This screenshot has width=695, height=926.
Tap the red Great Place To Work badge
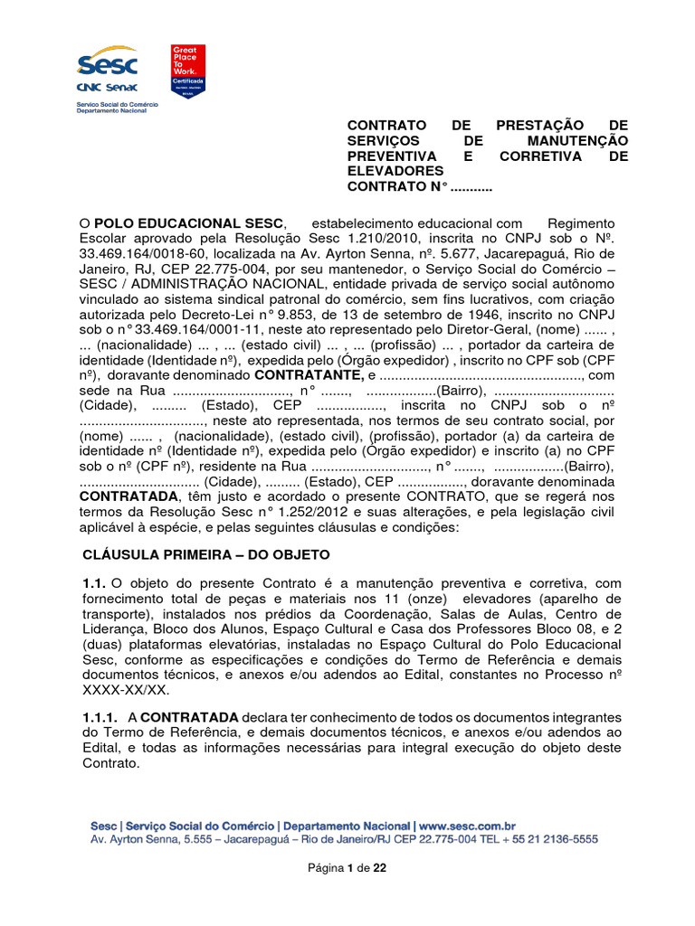188,70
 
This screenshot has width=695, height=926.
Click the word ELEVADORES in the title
396,171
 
